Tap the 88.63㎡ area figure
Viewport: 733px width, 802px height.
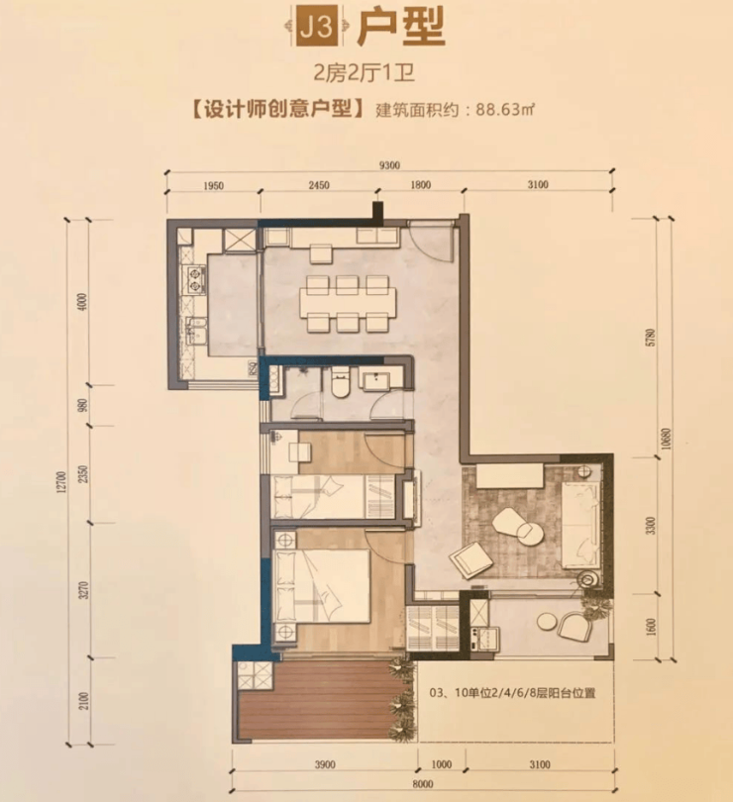[x=505, y=109]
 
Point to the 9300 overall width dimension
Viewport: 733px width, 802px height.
[x=389, y=165]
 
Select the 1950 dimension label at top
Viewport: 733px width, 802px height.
[x=213, y=186]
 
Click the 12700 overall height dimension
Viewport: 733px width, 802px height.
[x=60, y=483]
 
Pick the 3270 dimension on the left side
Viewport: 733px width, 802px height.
[x=85, y=590]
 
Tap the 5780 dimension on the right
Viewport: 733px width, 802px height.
[x=651, y=338]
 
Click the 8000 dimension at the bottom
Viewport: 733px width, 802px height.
[x=423, y=784]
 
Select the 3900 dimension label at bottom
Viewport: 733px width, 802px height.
[x=325, y=764]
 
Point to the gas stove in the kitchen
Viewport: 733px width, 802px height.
[x=195, y=280]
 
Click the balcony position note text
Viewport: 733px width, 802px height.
[x=512, y=693]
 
